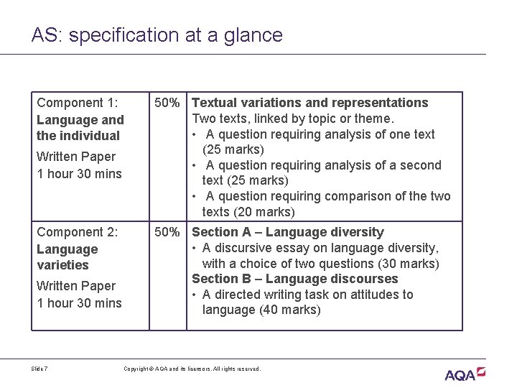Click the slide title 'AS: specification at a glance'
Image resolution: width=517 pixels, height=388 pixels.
(x=157, y=34)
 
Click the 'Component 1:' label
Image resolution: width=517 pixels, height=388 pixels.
(x=78, y=103)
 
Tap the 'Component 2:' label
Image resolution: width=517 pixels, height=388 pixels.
(x=78, y=232)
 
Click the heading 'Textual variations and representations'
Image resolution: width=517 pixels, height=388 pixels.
(x=310, y=103)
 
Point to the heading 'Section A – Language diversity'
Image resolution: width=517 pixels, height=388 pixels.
(x=288, y=232)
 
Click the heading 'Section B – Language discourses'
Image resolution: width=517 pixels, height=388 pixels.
(x=294, y=279)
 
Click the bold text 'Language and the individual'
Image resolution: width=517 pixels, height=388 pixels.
(x=80, y=128)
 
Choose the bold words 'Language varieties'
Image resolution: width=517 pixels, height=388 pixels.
(x=67, y=257)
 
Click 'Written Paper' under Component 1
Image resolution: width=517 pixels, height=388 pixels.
(x=76, y=157)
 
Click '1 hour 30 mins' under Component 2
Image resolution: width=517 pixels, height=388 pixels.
(x=79, y=303)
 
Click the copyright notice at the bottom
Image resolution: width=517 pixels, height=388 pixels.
(x=192, y=369)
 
